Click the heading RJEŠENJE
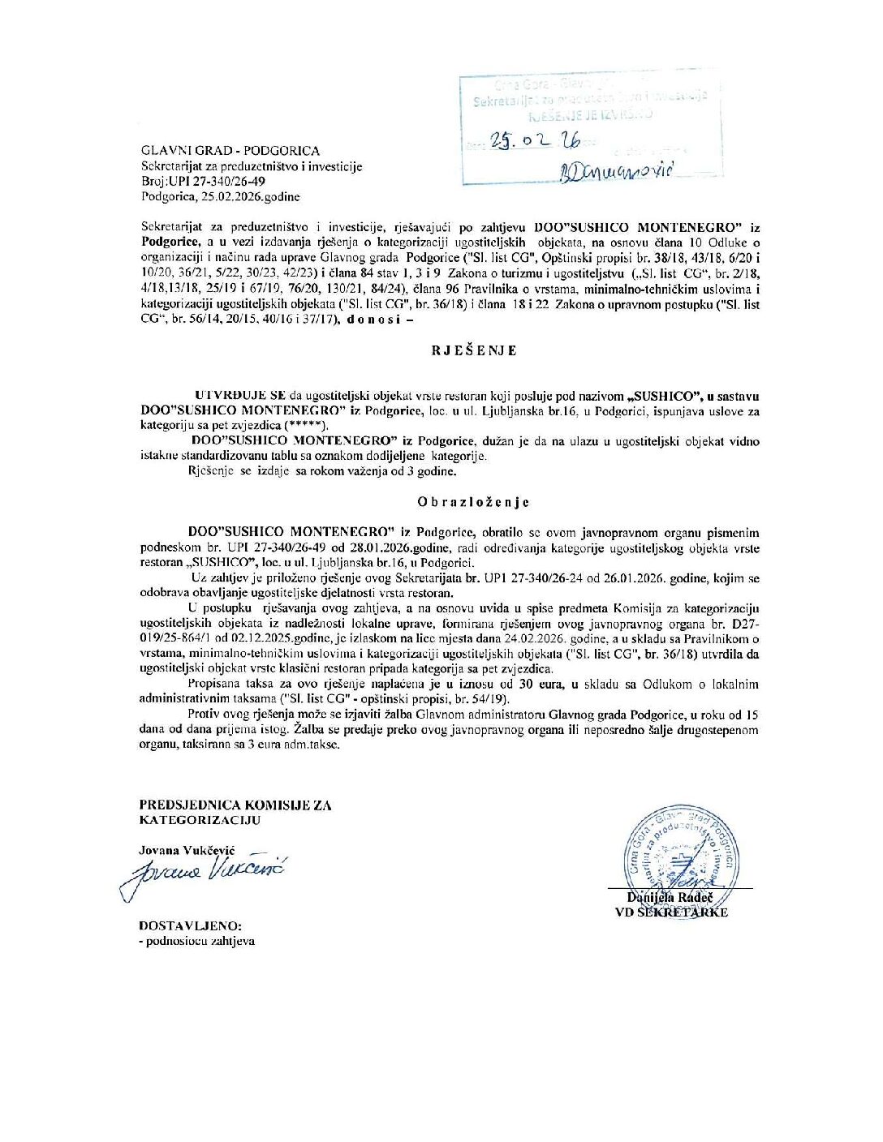(x=474, y=351)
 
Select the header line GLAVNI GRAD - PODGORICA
(x=230, y=151)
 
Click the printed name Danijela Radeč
(x=670, y=897)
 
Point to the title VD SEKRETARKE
(x=671, y=912)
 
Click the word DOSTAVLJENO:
(x=190, y=925)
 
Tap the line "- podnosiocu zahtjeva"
(x=196, y=941)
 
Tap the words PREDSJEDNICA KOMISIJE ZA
(x=235, y=805)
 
